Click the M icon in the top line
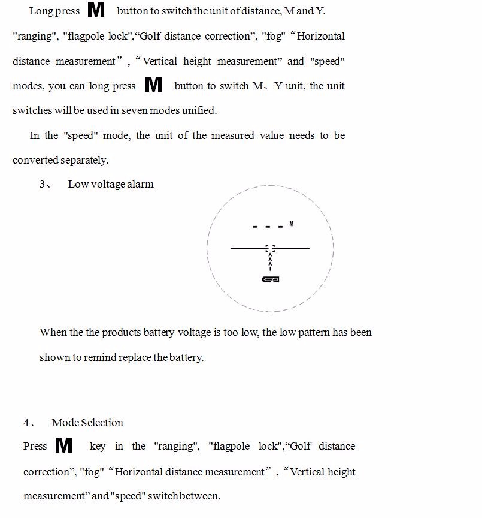tap(96, 10)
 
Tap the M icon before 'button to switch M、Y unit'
tap(154, 85)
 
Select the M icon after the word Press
tap(63, 445)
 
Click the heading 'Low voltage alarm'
tap(111, 184)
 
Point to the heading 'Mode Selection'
tap(87, 423)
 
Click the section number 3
tap(43, 184)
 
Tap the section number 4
tap(26, 423)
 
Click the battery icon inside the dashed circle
tap(271, 279)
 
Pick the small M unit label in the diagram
tap(292, 224)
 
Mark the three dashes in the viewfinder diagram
tap(268, 227)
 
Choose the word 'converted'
tap(35, 160)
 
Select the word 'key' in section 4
tap(97, 446)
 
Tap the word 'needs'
tap(302, 135)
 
